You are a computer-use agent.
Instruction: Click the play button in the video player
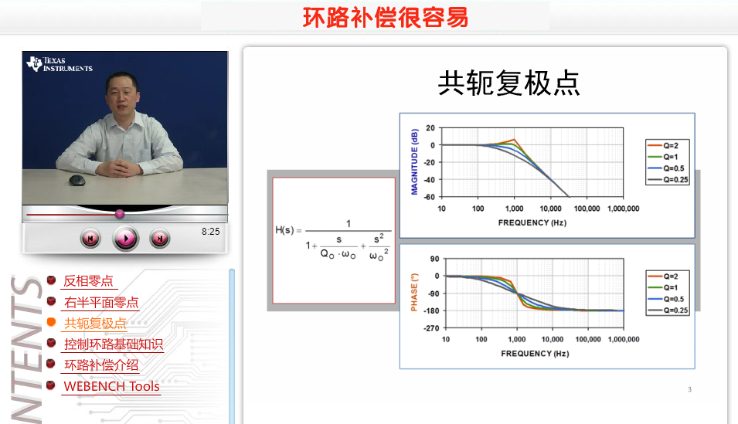point(126,239)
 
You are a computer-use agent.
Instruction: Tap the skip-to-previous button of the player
point(90,239)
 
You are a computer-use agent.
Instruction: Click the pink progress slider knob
point(120,214)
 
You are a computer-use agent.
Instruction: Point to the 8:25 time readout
point(210,232)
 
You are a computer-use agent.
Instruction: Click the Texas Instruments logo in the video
point(60,64)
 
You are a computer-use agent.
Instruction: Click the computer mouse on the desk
point(77,180)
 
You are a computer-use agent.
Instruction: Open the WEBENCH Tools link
point(111,386)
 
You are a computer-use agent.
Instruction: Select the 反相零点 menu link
point(89,281)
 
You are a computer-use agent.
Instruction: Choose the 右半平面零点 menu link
point(101,303)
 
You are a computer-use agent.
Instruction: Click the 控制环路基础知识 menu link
point(114,344)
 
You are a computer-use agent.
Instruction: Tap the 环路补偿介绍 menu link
point(101,365)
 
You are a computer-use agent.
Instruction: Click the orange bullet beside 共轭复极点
point(51,322)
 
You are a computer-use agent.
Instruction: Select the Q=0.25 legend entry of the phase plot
point(668,310)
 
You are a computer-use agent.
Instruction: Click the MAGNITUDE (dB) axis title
point(414,161)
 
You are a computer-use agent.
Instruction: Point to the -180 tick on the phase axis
point(431,310)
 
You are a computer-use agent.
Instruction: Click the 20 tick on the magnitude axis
point(430,128)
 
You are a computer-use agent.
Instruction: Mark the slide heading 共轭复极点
point(508,83)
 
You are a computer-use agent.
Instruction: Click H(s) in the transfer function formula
point(284,230)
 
